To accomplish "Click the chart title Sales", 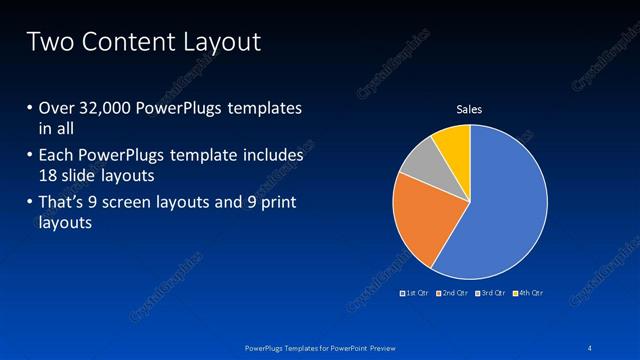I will [x=469, y=109].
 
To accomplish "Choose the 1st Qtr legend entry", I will [x=415, y=293].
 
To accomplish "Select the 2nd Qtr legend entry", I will [x=455, y=293].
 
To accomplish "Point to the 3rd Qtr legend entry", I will [x=493, y=293].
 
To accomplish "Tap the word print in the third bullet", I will [x=276, y=204].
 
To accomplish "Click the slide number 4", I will [x=590, y=346].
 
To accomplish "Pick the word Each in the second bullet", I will [x=57, y=156].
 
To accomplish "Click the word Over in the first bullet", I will [x=57, y=108].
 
